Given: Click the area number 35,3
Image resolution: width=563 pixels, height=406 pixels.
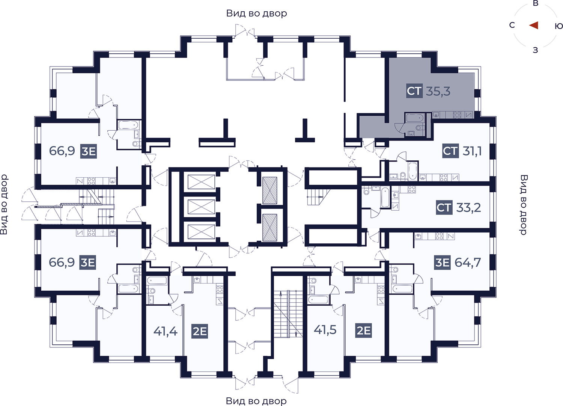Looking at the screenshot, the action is coord(438,91).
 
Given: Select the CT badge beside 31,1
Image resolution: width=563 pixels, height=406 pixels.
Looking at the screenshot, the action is coord(450,151).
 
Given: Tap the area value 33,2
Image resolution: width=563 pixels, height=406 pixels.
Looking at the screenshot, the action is coord(468,208).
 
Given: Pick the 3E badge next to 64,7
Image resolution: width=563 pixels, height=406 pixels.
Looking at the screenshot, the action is coord(443,263).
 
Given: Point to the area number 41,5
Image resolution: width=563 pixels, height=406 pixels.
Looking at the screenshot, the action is coord(325,329).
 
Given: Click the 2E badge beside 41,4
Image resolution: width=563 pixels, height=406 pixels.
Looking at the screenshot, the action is coord(200,331).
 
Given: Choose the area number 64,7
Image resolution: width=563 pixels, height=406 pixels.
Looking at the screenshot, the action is coord(468,263).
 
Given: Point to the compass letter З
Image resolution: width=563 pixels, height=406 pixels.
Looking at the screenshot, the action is coord(535,50).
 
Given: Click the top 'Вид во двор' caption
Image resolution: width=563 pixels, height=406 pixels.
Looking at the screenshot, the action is coord(256,13).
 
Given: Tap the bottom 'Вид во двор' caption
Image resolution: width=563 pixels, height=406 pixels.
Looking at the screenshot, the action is coord(256,400).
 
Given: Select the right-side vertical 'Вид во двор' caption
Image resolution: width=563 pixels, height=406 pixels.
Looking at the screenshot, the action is coord(524,205).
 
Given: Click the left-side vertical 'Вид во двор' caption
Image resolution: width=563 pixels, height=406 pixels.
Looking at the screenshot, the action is coord(4,205).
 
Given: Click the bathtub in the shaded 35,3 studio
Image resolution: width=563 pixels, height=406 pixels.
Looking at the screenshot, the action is coord(414,118).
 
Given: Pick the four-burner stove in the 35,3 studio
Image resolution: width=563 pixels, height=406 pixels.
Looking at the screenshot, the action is coord(457,115).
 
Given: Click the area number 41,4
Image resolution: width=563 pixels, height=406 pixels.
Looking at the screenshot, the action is coord(166,331).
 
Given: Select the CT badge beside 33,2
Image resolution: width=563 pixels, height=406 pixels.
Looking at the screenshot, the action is coord(444,208).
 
